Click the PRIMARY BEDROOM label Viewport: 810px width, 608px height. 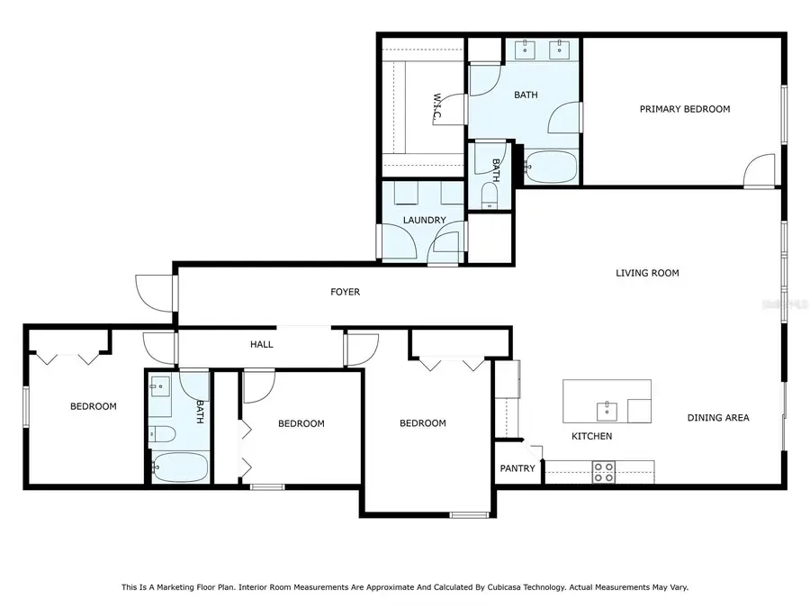[685, 109]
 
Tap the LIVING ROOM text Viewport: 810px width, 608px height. [647, 273]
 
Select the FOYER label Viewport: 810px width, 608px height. [345, 292]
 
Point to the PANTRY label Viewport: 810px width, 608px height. [517, 468]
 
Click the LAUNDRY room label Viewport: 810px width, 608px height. [424, 221]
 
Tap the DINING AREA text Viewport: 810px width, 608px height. [718, 418]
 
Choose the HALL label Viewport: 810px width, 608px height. [261, 344]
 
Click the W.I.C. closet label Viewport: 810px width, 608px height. [437, 109]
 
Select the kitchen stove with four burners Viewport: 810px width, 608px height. [603, 472]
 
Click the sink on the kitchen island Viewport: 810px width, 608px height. [607, 412]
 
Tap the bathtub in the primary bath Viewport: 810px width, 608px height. [551, 167]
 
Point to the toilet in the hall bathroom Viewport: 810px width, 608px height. [163, 434]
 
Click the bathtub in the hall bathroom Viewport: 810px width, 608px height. [180, 467]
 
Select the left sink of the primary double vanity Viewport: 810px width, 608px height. [526, 50]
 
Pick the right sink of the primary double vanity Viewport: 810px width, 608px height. [559, 50]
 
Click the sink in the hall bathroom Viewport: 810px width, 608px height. [160, 386]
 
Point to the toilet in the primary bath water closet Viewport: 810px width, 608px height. [489, 195]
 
